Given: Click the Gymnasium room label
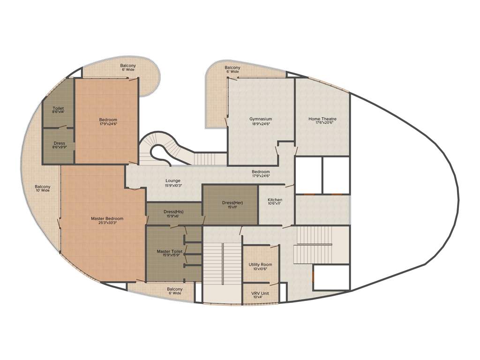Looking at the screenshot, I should click(261, 119).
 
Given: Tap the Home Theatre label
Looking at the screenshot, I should click(322, 119).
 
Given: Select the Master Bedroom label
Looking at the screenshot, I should click(107, 218).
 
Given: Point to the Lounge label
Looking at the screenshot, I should click(172, 181).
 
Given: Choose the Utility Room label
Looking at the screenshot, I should click(260, 265).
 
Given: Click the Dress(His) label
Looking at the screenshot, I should click(173, 212).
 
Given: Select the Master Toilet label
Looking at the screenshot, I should click(170, 252).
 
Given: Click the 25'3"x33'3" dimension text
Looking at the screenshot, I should click(107, 223).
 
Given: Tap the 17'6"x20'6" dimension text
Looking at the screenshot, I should click(322, 124).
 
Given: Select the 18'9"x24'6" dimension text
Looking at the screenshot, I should click(261, 124).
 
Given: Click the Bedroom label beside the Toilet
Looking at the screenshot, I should click(108, 120).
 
